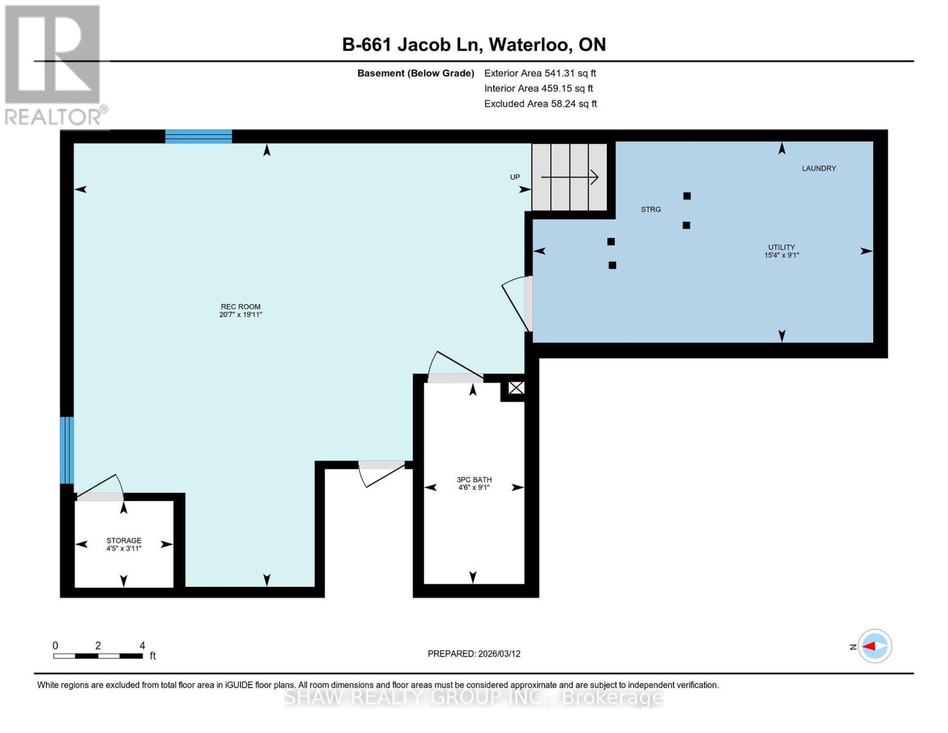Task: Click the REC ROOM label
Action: tap(241, 310)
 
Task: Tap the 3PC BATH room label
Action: tap(474, 483)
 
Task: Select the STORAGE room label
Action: tap(123, 544)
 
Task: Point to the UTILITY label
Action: tap(781, 251)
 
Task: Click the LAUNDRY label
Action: tap(819, 168)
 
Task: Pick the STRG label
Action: tap(651, 210)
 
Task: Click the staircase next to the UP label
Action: tap(570, 177)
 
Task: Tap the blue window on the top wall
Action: tap(198, 136)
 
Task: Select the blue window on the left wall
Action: tap(67, 450)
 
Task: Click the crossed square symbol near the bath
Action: tap(516, 388)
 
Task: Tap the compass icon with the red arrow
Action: tap(875, 646)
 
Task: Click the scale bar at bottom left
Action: tap(98, 655)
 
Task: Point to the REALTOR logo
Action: tap(54, 65)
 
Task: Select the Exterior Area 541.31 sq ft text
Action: tap(540, 73)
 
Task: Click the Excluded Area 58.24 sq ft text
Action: tap(540, 104)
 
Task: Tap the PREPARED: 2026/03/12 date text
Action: tap(474, 654)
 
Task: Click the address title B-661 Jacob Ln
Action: tap(474, 45)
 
